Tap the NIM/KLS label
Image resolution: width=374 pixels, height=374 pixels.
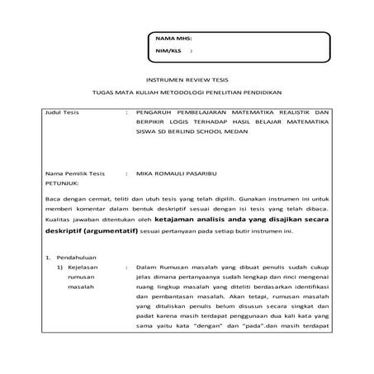coord(167,51)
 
